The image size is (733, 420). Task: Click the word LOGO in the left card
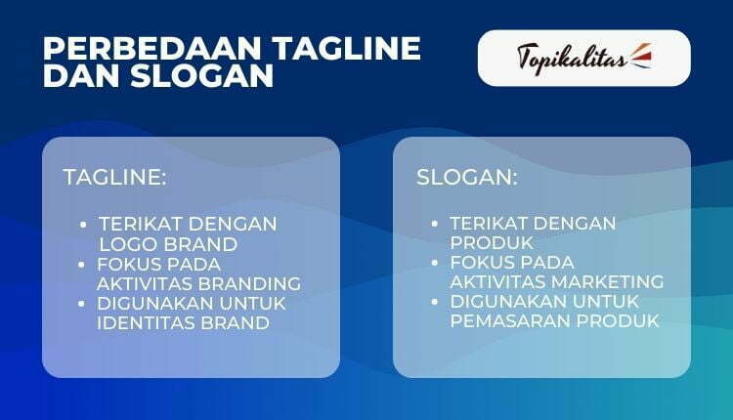[126, 243]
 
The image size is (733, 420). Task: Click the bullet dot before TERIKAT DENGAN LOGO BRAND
[85, 224]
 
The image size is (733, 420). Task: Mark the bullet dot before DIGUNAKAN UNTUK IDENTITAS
[85, 304]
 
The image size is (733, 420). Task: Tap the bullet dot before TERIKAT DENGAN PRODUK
[437, 224]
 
